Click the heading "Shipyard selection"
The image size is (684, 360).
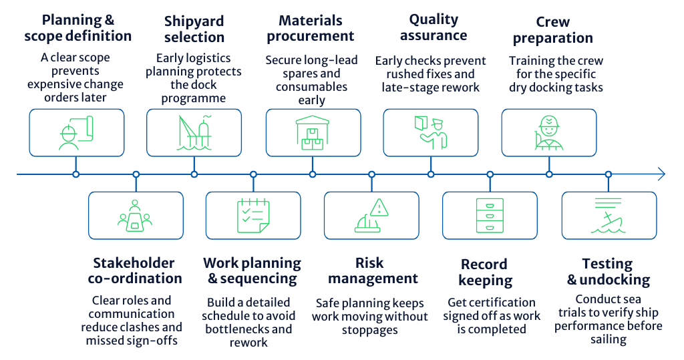(194, 29)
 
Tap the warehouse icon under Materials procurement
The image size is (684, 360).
(313, 132)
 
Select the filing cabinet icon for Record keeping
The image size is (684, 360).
(490, 215)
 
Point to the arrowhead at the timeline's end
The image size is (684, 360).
(661, 174)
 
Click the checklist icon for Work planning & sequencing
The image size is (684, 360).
(253, 215)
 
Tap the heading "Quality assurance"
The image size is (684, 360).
(434, 27)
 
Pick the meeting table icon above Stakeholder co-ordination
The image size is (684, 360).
(135, 216)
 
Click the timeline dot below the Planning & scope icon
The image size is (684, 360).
(75, 174)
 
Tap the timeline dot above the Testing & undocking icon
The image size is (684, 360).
(608, 174)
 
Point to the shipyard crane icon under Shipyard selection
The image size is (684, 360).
(194, 132)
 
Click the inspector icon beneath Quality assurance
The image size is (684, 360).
(430, 132)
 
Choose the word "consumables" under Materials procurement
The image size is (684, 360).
(313, 87)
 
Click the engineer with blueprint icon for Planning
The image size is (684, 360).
(75, 132)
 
